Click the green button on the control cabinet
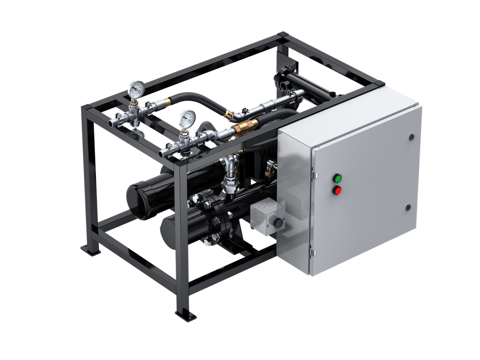point(338,178)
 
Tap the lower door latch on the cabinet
point(408,207)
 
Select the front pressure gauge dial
point(186,118)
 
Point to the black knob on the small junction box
point(277,223)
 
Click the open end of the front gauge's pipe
point(163,152)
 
